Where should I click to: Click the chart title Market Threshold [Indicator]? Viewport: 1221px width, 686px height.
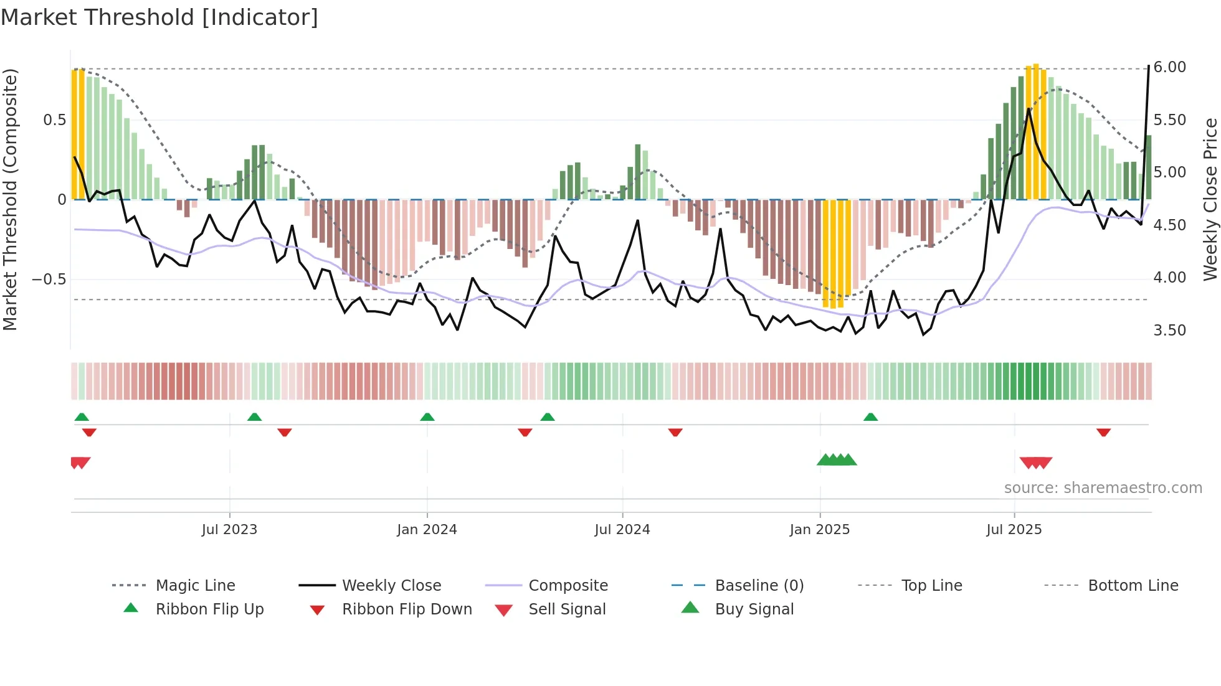159,17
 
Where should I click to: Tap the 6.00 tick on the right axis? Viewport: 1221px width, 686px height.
1169,67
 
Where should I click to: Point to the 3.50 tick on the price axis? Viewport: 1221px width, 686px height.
1169,331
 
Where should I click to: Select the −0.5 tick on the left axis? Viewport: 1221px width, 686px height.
49,280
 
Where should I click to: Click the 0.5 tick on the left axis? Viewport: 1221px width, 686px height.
54,120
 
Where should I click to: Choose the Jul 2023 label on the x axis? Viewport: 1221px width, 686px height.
229,530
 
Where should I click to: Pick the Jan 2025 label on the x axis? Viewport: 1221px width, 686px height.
819,530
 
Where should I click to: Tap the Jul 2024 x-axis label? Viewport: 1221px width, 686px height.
622,530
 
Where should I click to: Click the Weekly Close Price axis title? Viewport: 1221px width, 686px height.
1210,199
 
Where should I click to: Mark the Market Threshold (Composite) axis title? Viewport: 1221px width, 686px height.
10,199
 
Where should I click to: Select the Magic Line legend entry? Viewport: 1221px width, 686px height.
195,586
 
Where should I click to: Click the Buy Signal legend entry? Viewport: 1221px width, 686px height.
754,609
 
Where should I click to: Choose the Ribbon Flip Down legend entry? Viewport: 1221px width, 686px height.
406,609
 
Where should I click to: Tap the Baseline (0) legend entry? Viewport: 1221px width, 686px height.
759,586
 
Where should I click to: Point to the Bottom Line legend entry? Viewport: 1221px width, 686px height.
1133,586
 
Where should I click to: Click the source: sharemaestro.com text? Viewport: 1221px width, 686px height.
1103,488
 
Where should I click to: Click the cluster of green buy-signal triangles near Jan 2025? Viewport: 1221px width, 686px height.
837,460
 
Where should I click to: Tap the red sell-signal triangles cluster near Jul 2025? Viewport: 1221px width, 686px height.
1035,463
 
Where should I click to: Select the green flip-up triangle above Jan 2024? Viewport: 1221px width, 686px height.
427,417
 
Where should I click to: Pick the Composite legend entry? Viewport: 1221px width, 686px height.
568,586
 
